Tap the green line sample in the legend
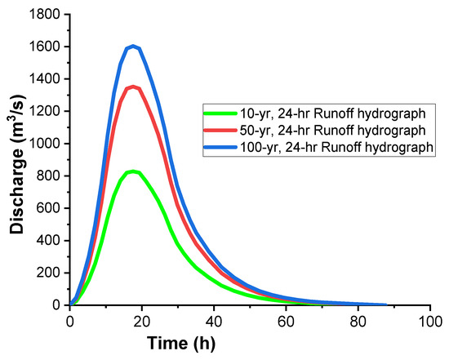pyautogui.click(x=220, y=115)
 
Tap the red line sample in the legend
pyautogui.click(x=220, y=130)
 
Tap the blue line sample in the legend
pyautogui.click(x=220, y=145)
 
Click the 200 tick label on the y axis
pyautogui.click(x=51, y=273)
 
